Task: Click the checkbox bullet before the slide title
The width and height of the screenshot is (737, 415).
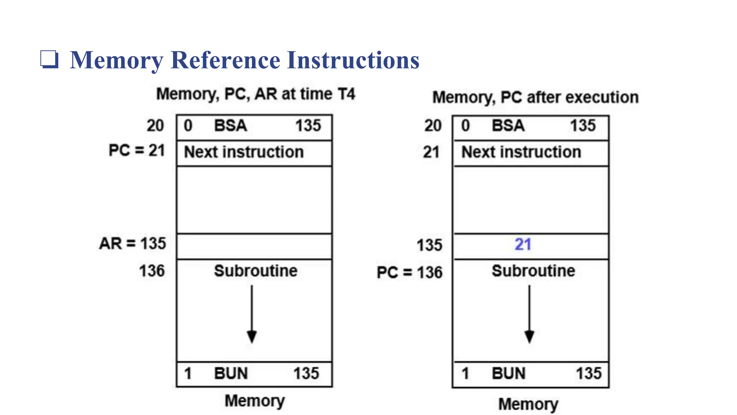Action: [x=49, y=59]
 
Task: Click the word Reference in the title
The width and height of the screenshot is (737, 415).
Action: [x=225, y=60]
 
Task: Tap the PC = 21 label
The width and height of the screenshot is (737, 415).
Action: [x=137, y=150]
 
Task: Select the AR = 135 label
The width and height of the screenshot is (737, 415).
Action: [x=132, y=244]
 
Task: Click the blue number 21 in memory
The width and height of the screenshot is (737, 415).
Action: [x=523, y=245]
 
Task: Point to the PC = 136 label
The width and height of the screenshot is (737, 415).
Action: [x=409, y=272]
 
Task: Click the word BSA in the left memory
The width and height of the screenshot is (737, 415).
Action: [x=230, y=126]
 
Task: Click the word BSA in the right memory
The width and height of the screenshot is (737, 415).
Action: [x=508, y=126]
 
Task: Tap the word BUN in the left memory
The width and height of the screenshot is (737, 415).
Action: [x=231, y=374]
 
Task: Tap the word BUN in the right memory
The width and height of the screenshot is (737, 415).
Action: [x=508, y=374]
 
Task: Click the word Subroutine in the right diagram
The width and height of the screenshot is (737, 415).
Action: [x=533, y=271]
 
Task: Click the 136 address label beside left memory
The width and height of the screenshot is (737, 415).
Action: [x=152, y=271]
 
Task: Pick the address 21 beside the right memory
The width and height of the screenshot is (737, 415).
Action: [x=431, y=152]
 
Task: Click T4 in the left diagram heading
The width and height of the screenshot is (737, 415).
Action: [x=346, y=94]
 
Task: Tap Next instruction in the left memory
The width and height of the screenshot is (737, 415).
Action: [x=244, y=152]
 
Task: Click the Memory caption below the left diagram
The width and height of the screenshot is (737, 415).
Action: [x=255, y=401]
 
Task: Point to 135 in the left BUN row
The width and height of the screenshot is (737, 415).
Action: [x=306, y=374]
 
